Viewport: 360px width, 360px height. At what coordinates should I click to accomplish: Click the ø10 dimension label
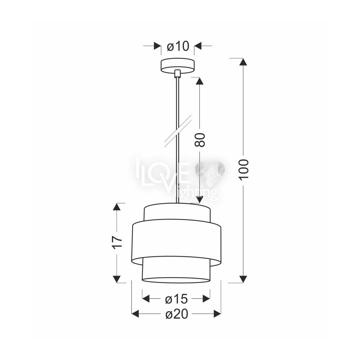click(x=178, y=46)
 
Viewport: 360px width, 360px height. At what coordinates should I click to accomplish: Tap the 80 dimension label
click(x=199, y=140)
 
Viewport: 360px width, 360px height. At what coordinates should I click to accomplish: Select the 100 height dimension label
click(x=244, y=170)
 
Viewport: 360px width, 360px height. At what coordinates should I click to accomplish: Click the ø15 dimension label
click(x=176, y=299)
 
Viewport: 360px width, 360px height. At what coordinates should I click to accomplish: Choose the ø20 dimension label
click(x=177, y=314)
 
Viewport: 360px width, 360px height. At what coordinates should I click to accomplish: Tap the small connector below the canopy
click(x=177, y=73)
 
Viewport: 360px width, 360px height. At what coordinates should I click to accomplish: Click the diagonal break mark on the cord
click(x=178, y=131)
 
